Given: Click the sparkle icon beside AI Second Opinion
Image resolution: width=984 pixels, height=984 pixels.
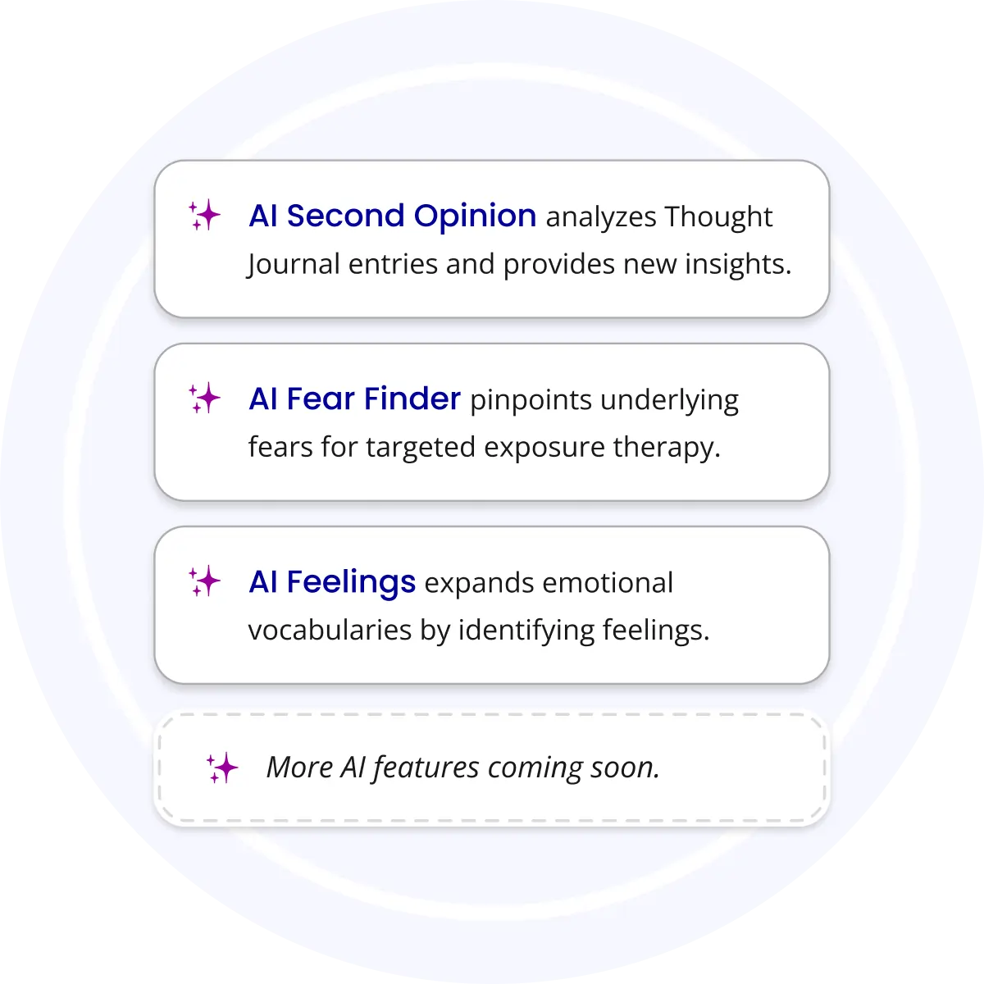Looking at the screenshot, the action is (x=204, y=215).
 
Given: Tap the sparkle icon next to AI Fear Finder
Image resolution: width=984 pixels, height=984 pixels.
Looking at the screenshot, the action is (x=204, y=398).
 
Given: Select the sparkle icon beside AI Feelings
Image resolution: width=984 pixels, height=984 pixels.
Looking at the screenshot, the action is (x=204, y=581).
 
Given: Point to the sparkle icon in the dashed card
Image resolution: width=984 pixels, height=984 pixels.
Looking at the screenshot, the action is (x=222, y=767).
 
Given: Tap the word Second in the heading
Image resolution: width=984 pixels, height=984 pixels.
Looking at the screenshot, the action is (x=346, y=216).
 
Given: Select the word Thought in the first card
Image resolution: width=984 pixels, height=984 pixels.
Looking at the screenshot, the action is (x=718, y=216).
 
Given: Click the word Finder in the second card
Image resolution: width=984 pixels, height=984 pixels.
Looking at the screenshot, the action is (x=412, y=399).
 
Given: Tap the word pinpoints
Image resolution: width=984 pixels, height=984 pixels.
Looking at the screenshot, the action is (x=531, y=401).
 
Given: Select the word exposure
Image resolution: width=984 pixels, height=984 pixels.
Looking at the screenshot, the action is (x=544, y=448).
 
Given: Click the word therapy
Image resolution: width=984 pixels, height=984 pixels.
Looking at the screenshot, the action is (x=667, y=448).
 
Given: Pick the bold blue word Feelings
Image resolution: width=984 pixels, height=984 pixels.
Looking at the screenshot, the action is (x=351, y=583).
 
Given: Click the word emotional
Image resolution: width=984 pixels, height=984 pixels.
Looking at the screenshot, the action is (x=608, y=583).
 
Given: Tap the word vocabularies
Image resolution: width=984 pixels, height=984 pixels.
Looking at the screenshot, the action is (x=330, y=630).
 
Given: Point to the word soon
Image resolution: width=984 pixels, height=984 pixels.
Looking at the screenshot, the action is (x=625, y=768).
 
